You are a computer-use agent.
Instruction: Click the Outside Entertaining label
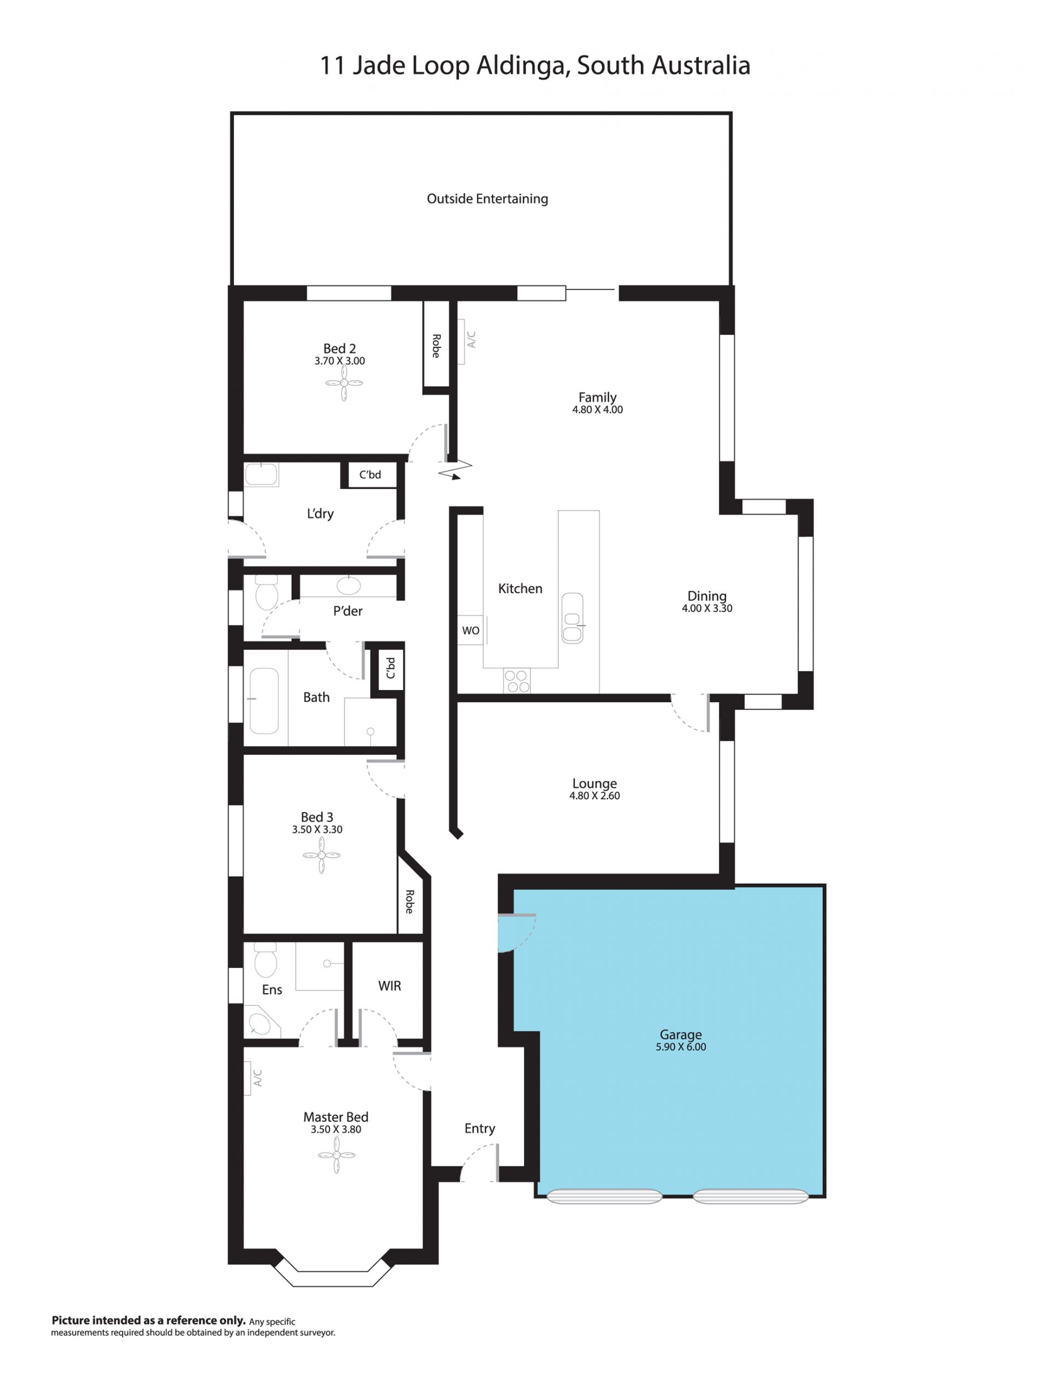tap(487, 199)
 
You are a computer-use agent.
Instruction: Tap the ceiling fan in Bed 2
tap(344, 382)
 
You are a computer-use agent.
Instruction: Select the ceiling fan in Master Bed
tap(336, 1155)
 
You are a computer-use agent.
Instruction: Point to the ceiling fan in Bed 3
tap(321, 855)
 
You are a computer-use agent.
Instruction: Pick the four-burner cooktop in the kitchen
tap(517, 681)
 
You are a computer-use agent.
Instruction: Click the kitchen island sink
tap(572, 618)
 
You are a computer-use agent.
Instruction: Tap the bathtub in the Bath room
tap(264, 700)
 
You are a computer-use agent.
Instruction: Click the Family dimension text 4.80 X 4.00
tap(597, 410)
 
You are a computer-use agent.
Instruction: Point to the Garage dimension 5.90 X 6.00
tap(681, 1047)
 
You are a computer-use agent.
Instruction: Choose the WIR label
tap(389, 985)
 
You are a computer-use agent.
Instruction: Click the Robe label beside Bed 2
tap(436, 346)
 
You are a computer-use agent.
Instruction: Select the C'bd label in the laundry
tap(370, 474)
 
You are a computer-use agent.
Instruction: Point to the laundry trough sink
tap(261, 474)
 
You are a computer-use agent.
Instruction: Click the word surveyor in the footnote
tap(317, 1332)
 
